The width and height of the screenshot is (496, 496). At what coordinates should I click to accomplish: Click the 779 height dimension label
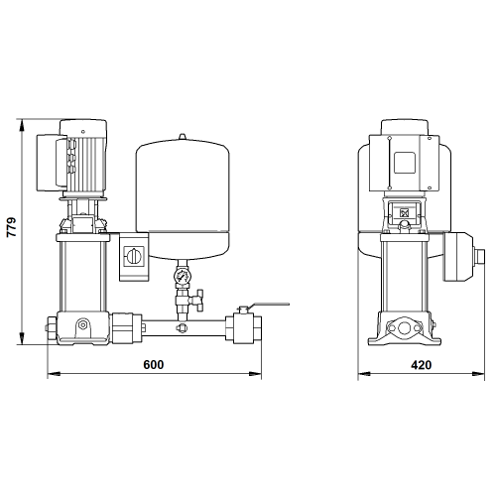coord(12,227)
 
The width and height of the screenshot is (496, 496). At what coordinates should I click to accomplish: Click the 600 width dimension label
coord(154,364)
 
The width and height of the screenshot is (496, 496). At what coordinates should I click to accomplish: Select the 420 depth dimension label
coord(421,365)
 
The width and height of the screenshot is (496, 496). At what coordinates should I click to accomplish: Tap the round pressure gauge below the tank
coord(183,275)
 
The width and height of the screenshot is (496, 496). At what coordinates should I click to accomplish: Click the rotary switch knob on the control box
coord(134,256)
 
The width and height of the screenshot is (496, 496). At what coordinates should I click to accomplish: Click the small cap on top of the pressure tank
coord(183,137)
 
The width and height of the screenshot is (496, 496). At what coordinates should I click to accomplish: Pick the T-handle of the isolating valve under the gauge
coord(199,301)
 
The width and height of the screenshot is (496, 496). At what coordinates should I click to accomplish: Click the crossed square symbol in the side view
coord(404,213)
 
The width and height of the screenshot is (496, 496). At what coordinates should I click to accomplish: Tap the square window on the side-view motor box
coord(405,163)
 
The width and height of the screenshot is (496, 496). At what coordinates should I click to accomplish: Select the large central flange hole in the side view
coord(404,328)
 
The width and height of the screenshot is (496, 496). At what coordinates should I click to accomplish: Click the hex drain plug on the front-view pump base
coord(83,324)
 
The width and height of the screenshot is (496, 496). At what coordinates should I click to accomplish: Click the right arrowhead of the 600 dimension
coord(255,374)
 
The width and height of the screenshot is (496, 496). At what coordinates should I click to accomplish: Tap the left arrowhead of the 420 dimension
coord(364,374)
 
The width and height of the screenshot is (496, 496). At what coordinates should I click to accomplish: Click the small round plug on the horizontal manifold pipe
coord(183,327)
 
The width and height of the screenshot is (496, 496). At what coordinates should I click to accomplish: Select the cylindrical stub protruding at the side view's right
coord(479,257)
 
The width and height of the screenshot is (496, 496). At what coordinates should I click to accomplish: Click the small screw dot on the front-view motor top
coord(83,132)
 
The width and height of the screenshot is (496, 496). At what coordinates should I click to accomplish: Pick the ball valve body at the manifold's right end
coord(244,329)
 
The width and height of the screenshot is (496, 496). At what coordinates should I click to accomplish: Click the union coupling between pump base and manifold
coord(127,328)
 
